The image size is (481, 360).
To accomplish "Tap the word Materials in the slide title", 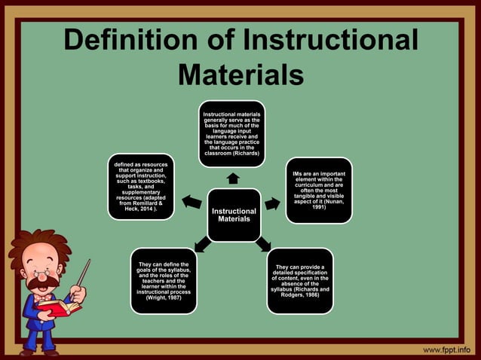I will click(x=240, y=75).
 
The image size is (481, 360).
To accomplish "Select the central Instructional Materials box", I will click(x=234, y=215).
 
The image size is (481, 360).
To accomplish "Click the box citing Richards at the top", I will click(x=232, y=133).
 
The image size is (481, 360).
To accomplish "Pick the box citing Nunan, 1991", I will click(x=319, y=190).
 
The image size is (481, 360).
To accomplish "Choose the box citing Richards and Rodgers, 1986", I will click(x=299, y=280).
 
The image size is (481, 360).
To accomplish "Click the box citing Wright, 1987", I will click(x=164, y=280).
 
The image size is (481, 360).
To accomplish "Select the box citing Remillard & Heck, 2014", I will click(x=142, y=186).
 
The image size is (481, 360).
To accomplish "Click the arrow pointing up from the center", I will click(x=233, y=178).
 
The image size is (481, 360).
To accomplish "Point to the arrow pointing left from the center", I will click(x=191, y=202).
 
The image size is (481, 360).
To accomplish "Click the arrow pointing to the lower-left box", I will click(x=202, y=244).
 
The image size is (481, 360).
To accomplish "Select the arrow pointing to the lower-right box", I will click(x=263, y=244).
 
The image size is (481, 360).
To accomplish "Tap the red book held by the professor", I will click(x=53, y=306).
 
